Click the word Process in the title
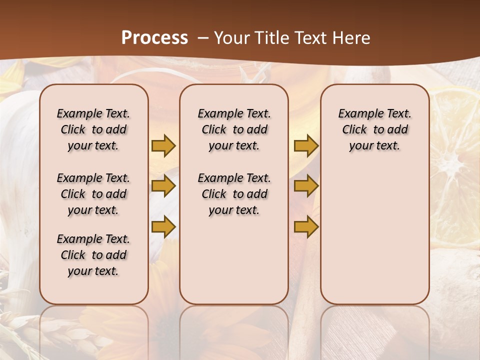[x=154, y=38]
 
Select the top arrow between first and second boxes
[x=163, y=145]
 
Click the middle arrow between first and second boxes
[x=163, y=186]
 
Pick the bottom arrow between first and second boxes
[x=163, y=226]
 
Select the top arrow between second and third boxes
[x=306, y=145]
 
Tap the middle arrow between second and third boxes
[x=306, y=186]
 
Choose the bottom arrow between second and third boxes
[x=306, y=226]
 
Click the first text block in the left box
[x=93, y=129]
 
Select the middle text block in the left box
[x=93, y=194]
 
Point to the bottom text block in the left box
[x=93, y=255]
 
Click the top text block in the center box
[x=234, y=129]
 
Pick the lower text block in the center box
[x=234, y=194]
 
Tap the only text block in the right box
[x=374, y=129]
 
